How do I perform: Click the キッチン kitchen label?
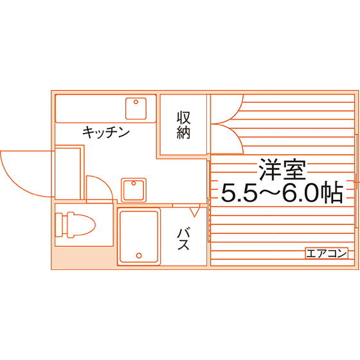tap(106, 132)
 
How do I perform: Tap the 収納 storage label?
tap(183, 125)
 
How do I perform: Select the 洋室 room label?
tap(283, 169)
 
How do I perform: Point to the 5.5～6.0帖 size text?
tap(282, 192)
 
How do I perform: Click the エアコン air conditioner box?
tap(327, 253)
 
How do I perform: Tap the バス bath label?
tap(183, 239)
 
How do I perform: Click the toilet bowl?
tap(82, 225)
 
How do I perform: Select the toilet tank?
tap(59, 225)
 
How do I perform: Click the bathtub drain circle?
tap(139, 255)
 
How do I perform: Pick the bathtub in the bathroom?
tap(139, 237)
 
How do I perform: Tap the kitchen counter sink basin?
tap(136, 109)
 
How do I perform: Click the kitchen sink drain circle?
tap(136, 102)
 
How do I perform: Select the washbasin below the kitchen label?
tap(134, 190)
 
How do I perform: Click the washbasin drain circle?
tap(134, 183)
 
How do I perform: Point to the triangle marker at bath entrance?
tap(194, 212)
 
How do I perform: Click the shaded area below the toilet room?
tap(83, 257)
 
